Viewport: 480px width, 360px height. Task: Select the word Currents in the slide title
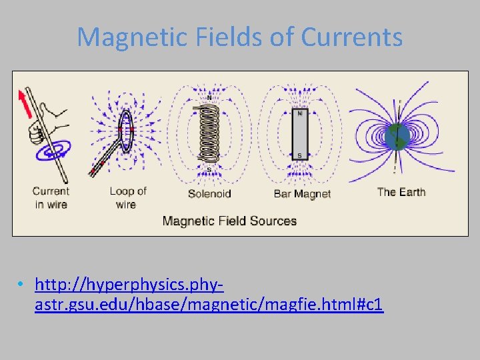coord(351,37)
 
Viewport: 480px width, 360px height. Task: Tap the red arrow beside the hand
coord(26,105)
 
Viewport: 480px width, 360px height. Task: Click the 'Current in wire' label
coord(51,198)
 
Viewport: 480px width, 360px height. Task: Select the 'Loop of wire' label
coord(127,198)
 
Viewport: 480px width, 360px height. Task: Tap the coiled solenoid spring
coord(210,133)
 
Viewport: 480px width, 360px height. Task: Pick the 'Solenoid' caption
coord(209,194)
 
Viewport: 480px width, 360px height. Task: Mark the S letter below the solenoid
coord(209,170)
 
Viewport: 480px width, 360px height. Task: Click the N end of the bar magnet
coord(299,114)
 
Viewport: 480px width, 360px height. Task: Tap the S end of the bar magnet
coord(299,155)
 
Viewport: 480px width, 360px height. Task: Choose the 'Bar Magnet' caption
coord(302,194)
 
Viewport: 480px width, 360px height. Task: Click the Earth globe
coord(397,137)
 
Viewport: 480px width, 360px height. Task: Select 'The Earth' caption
coord(401,192)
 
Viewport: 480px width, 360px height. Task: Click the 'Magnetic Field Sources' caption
coord(229,221)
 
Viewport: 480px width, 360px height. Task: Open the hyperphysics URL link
coord(208,295)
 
